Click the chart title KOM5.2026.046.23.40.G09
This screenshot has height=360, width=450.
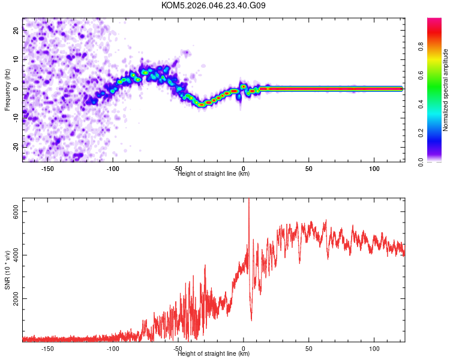tap(214, 6)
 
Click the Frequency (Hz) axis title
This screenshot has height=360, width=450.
tap(8, 89)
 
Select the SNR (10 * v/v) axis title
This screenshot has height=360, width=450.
tap(8, 269)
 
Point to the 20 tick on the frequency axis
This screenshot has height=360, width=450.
tap(16, 31)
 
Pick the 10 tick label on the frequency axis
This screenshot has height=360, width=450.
tap(16, 60)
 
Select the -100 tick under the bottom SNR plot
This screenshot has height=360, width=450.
tap(113, 348)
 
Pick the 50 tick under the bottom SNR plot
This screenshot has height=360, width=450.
tap(308, 348)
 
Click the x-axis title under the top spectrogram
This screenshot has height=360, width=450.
tap(214, 173)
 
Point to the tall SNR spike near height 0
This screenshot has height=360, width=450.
tap(248, 200)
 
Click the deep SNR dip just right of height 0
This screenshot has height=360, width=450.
tap(251, 319)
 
